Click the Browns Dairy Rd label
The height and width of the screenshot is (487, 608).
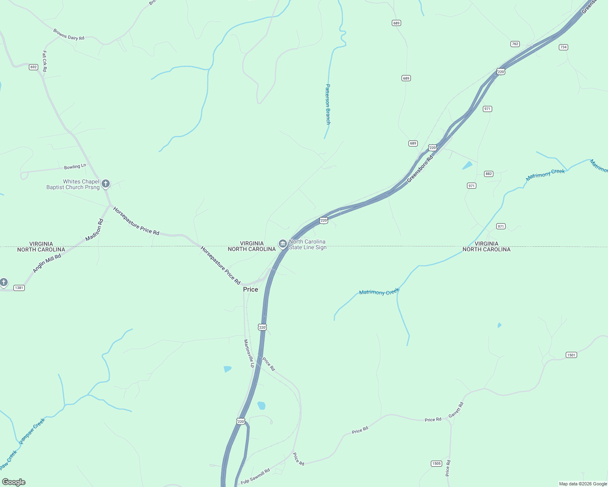[x=69, y=34]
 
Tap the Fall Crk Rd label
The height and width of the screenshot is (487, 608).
[x=45, y=61]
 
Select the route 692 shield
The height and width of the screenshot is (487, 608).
[x=33, y=67]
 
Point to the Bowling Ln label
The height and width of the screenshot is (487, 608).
[x=75, y=166]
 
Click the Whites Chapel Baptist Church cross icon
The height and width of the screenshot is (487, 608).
[x=106, y=184]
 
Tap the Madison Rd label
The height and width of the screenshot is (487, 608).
[x=95, y=230]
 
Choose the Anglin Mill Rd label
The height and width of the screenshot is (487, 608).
[x=47, y=263]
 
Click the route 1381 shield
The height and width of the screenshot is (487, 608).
[x=19, y=288]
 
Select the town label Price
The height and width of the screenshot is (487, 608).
[x=250, y=289]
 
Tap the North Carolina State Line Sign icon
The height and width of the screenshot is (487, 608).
[x=283, y=243]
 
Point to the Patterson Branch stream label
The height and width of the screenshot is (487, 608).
[x=328, y=104]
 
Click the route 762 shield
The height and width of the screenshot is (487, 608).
[x=515, y=44]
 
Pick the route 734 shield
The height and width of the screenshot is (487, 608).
[x=563, y=47]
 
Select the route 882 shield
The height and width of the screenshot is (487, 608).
[x=489, y=174]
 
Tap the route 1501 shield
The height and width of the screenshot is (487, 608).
[x=571, y=355]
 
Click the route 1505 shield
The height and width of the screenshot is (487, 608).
[x=436, y=463]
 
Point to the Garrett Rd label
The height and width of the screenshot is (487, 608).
[x=456, y=410]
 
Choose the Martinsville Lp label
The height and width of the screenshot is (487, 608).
[x=249, y=353]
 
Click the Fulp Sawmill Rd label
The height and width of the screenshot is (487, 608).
[x=255, y=476]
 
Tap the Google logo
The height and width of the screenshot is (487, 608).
[x=14, y=482]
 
